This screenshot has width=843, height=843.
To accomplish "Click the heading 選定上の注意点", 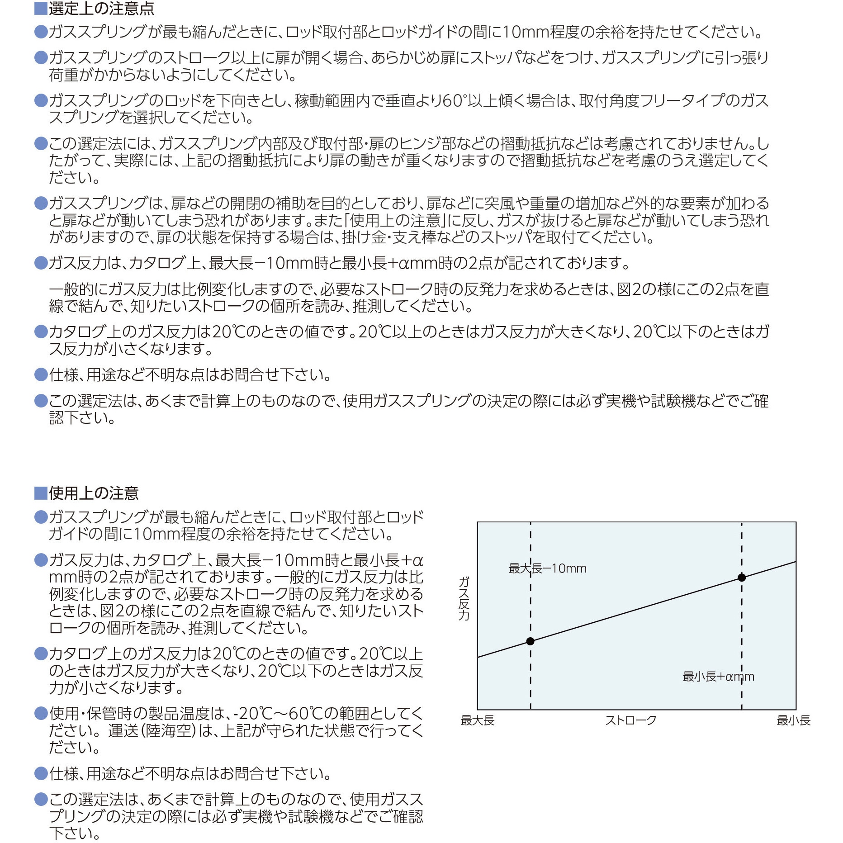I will click(x=101, y=8).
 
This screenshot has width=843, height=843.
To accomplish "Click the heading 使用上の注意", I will click(x=94, y=493).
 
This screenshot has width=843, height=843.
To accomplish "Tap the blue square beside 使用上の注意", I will click(x=41, y=493).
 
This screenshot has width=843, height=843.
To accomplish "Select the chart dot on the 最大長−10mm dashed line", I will click(x=530, y=641).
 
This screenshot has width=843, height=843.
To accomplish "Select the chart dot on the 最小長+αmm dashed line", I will click(x=742, y=578).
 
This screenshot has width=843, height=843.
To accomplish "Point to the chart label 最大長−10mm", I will click(x=547, y=568).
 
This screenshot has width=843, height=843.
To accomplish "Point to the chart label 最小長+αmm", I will click(x=718, y=677).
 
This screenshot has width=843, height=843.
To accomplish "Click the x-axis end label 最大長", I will click(x=478, y=721).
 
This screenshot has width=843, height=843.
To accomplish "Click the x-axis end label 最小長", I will click(x=793, y=721).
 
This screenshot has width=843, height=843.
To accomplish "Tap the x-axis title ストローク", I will click(x=631, y=721).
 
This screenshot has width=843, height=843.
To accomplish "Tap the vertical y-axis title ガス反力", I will click(x=464, y=598).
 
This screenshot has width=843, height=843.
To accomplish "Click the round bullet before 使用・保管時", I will click(x=41, y=714).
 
